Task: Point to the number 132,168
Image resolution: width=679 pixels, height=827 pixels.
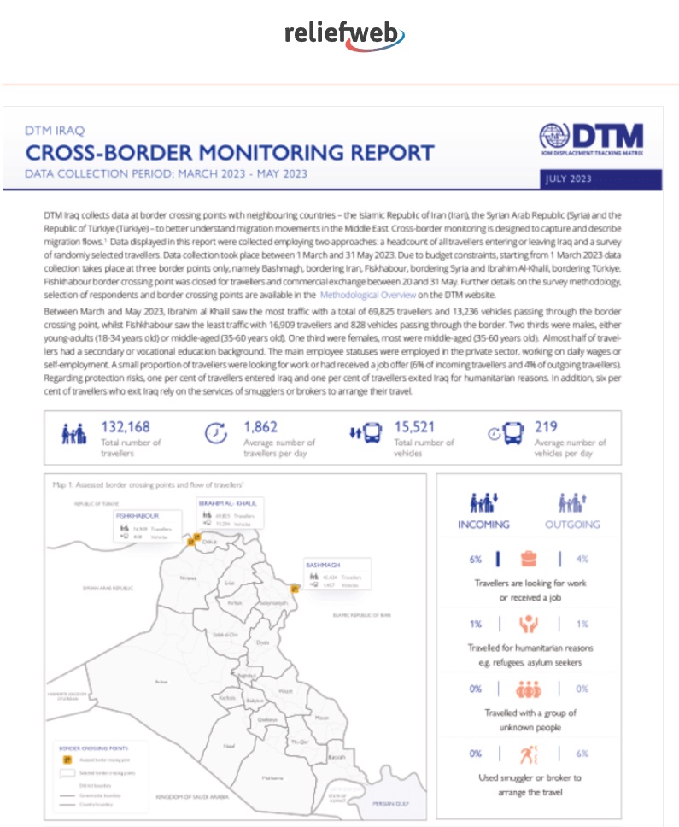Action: [126, 426]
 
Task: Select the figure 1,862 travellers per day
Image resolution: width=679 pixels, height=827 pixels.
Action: [262, 426]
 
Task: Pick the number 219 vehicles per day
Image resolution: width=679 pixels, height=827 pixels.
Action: [546, 426]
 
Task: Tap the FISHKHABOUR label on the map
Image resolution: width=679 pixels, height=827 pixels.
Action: [138, 517]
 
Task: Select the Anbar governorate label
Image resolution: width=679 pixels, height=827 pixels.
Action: [161, 681]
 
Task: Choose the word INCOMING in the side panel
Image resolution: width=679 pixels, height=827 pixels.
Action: [483, 524]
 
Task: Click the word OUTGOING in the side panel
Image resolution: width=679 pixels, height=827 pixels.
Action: [571, 524]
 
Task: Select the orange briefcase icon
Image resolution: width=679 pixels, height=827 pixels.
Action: [529, 560]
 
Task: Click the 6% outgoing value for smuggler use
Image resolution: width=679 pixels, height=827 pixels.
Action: [582, 754]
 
